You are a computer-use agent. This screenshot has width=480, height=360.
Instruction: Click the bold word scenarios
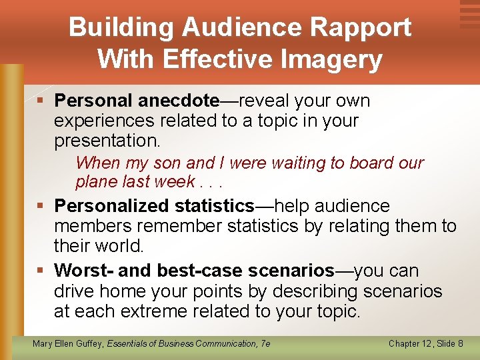point(291,271)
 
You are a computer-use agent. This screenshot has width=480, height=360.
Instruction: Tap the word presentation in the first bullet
point(107,141)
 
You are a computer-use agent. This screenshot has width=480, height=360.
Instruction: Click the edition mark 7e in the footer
point(265,343)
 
